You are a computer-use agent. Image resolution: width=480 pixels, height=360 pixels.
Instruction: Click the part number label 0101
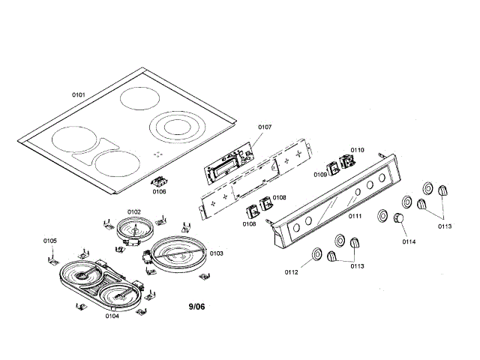[78, 94]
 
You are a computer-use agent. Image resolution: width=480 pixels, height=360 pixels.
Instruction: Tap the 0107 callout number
[265, 127]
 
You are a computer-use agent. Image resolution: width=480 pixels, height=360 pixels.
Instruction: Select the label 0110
[357, 150]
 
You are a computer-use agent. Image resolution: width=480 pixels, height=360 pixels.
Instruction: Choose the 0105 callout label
[49, 240]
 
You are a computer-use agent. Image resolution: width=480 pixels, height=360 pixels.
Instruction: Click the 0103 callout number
[216, 253]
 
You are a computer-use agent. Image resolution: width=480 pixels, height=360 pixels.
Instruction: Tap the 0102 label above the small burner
[135, 212]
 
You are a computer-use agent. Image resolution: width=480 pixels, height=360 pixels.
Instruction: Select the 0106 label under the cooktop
[159, 191]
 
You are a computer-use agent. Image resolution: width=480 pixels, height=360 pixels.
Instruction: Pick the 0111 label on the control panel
[353, 216]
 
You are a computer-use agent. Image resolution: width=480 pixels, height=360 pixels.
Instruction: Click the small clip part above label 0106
[158, 181]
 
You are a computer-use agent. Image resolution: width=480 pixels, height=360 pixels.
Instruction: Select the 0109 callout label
[320, 175]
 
